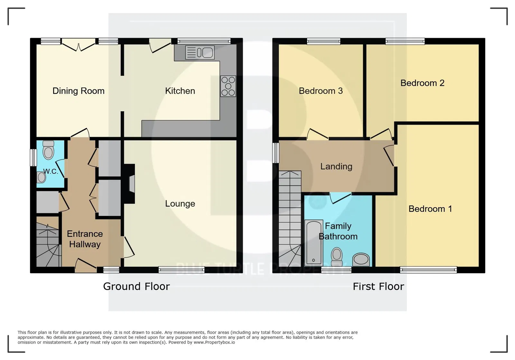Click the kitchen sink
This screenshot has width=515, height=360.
(x=200, y=52)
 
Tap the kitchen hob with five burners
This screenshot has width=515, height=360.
(x=228, y=86)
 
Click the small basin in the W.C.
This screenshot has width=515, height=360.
(x=42, y=177)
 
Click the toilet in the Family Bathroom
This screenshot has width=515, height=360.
(x=337, y=256)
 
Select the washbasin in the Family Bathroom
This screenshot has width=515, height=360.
(x=361, y=260)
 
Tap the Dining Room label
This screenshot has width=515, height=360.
(x=79, y=91)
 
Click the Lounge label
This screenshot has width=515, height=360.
(x=180, y=204)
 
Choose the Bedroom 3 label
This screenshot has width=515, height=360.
(x=321, y=91)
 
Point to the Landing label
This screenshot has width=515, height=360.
(x=336, y=166)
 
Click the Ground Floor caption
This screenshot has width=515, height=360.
(x=136, y=286)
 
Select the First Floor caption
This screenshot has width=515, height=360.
(x=379, y=286)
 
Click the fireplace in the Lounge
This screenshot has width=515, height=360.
(x=129, y=184)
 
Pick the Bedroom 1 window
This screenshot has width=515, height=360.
(x=428, y=270)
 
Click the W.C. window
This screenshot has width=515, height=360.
(x=33, y=157)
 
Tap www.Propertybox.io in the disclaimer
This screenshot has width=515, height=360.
(x=214, y=342)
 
